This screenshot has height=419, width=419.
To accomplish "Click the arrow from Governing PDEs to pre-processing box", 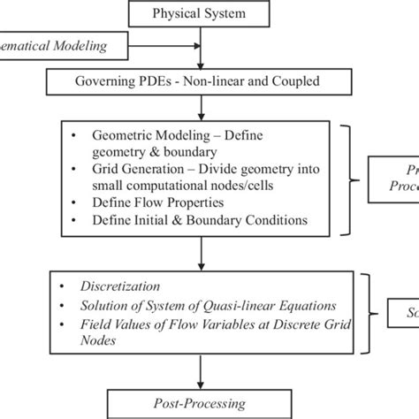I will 202,107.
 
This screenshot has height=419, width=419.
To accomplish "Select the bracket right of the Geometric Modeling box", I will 354,179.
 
